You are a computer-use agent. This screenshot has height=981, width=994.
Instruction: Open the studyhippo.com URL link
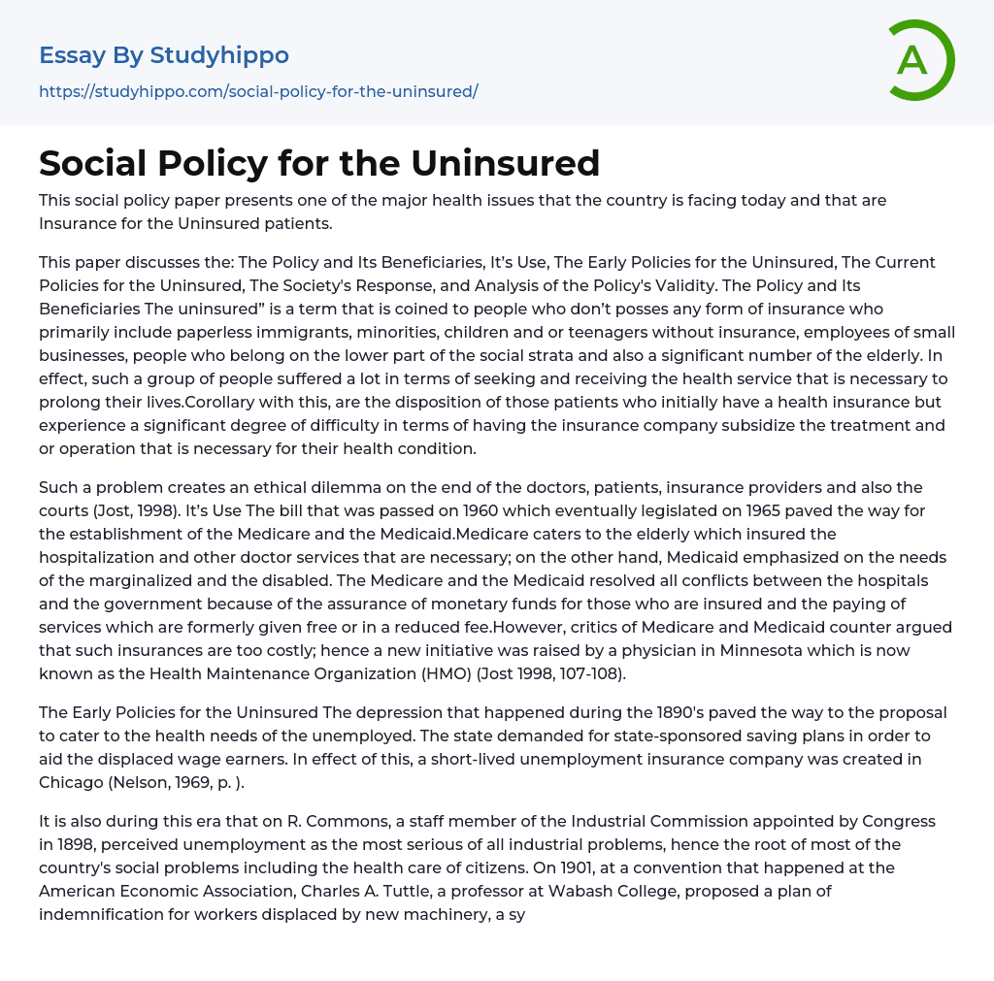(258, 91)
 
